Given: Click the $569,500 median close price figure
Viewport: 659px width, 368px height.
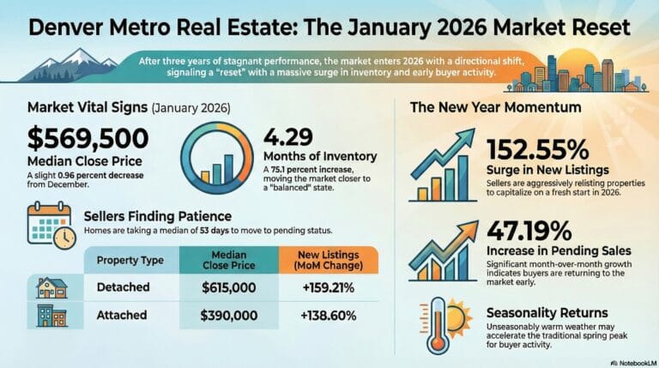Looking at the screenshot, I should [x=88, y=138].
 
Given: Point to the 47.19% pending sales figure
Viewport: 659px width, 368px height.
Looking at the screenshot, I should [x=523, y=232].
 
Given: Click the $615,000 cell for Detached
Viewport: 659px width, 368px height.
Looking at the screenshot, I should [x=228, y=287].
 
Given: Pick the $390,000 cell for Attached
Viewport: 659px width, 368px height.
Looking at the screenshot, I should [x=228, y=315].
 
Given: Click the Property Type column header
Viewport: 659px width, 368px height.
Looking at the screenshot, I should [x=130, y=260].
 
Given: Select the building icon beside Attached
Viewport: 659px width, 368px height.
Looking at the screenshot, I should [x=51, y=315].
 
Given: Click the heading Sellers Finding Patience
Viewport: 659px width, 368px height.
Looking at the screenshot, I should [x=157, y=215].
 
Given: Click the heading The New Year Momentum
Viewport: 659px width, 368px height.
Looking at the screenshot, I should [x=485, y=108].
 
